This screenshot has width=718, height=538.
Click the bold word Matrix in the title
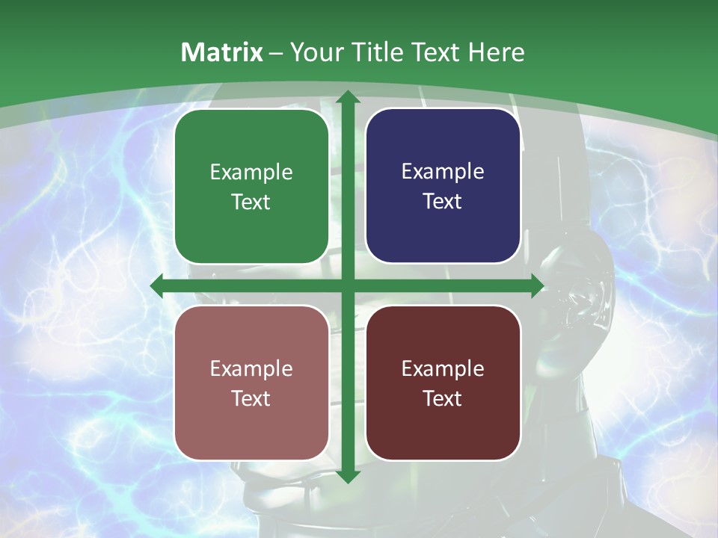click(222, 52)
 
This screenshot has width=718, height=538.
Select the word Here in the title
click(497, 52)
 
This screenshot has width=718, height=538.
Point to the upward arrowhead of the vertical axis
click(347, 98)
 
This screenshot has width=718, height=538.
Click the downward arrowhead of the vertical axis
click(347, 476)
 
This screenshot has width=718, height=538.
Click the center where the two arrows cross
click(347, 286)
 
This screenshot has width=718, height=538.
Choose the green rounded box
click(251, 187)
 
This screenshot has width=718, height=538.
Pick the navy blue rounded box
click(443, 186)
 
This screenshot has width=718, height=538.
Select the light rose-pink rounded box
click(251, 383)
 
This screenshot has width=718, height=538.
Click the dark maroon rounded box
click(443, 383)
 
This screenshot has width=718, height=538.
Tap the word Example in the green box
click(251, 173)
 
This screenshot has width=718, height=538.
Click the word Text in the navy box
click(443, 202)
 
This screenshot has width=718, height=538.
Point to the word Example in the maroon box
click(443, 368)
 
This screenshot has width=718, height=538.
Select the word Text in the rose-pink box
click(251, 398)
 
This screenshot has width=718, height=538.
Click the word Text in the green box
click(251, 202)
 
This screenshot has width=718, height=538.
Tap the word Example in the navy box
click(443, 172)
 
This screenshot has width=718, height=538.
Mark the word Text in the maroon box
click(443, 398)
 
